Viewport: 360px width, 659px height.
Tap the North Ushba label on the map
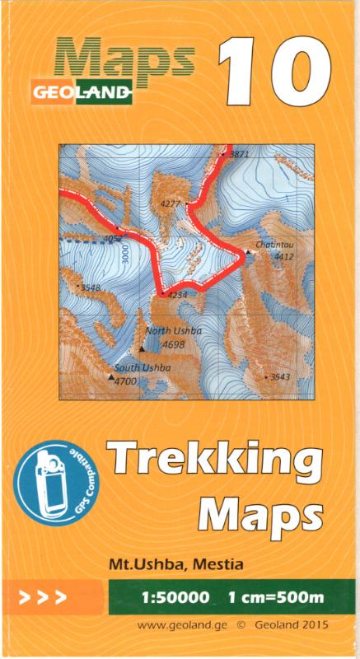[173, 331]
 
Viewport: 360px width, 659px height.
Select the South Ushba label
[143, 367]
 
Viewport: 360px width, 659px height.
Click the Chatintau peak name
[274, 245]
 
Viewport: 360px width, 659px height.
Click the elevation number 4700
[125, 381]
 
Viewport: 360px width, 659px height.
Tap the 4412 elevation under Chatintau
[283, 257]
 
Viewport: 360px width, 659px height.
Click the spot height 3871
[239, 154]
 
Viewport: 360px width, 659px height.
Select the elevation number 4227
[171, 203]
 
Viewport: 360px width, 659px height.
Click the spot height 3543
[280, 376]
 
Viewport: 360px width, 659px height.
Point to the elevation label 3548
[89, 287]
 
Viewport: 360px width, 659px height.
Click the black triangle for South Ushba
[111, 376]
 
